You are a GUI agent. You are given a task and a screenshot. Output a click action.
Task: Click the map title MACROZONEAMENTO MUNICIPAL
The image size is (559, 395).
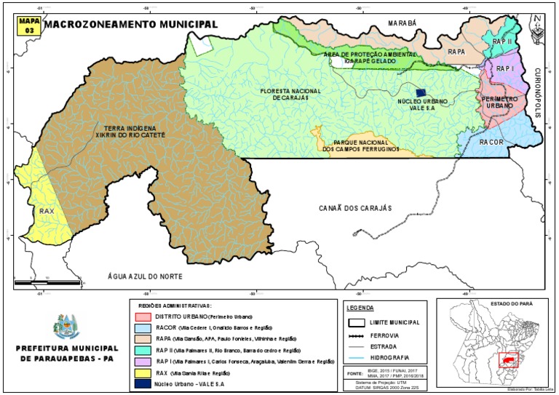[131, 23]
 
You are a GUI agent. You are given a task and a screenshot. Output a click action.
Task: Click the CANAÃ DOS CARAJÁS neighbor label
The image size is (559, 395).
[355, 208]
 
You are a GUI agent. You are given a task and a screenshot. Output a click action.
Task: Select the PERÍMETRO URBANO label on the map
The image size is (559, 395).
[498, 102]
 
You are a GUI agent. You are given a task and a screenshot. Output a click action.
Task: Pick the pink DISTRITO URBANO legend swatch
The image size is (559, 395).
[141, 318]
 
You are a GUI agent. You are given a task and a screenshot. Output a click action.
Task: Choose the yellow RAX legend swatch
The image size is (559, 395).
[141, 372]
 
